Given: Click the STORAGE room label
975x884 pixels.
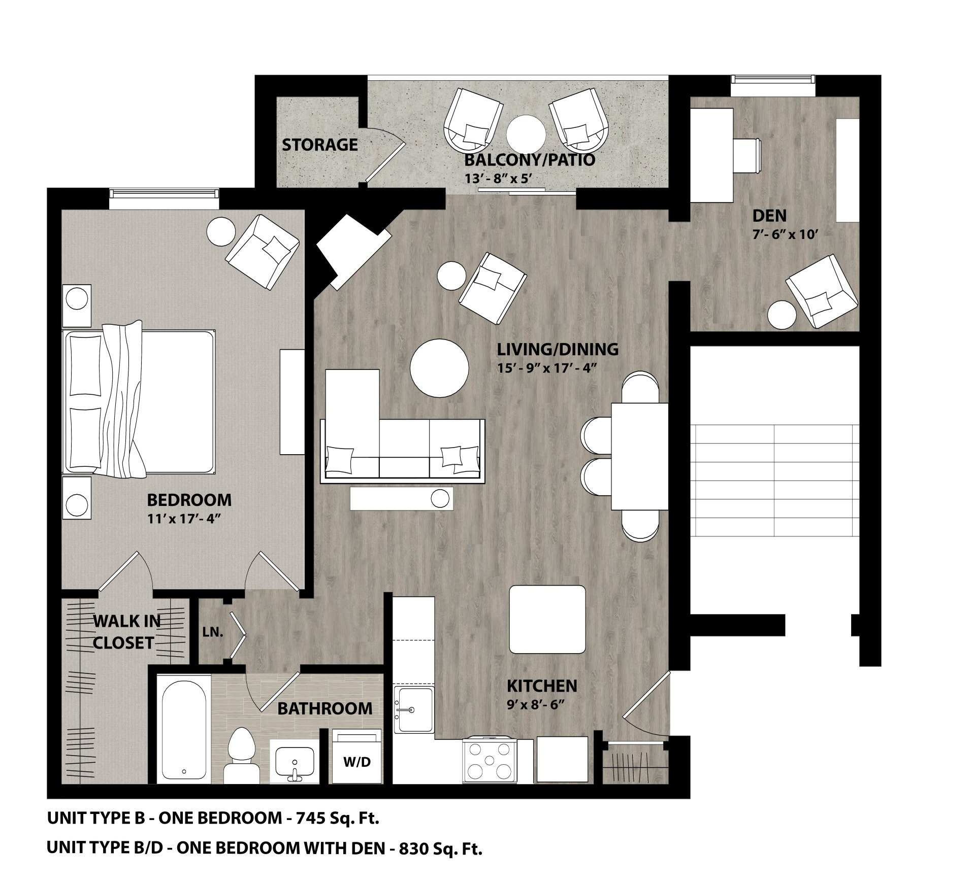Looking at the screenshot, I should tap(319, 145).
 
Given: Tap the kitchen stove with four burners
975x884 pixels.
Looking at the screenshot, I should tap(490, 760).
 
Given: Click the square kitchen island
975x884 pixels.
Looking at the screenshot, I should tap(547, 620).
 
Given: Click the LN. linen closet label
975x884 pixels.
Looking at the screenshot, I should tap(213, 633).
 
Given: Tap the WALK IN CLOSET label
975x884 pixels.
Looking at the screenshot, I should tap(126, 632).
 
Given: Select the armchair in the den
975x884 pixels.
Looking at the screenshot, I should tap(821, 291).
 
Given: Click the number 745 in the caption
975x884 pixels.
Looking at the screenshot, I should tap(309, 818).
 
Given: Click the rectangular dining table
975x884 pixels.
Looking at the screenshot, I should tap(639, 455).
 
